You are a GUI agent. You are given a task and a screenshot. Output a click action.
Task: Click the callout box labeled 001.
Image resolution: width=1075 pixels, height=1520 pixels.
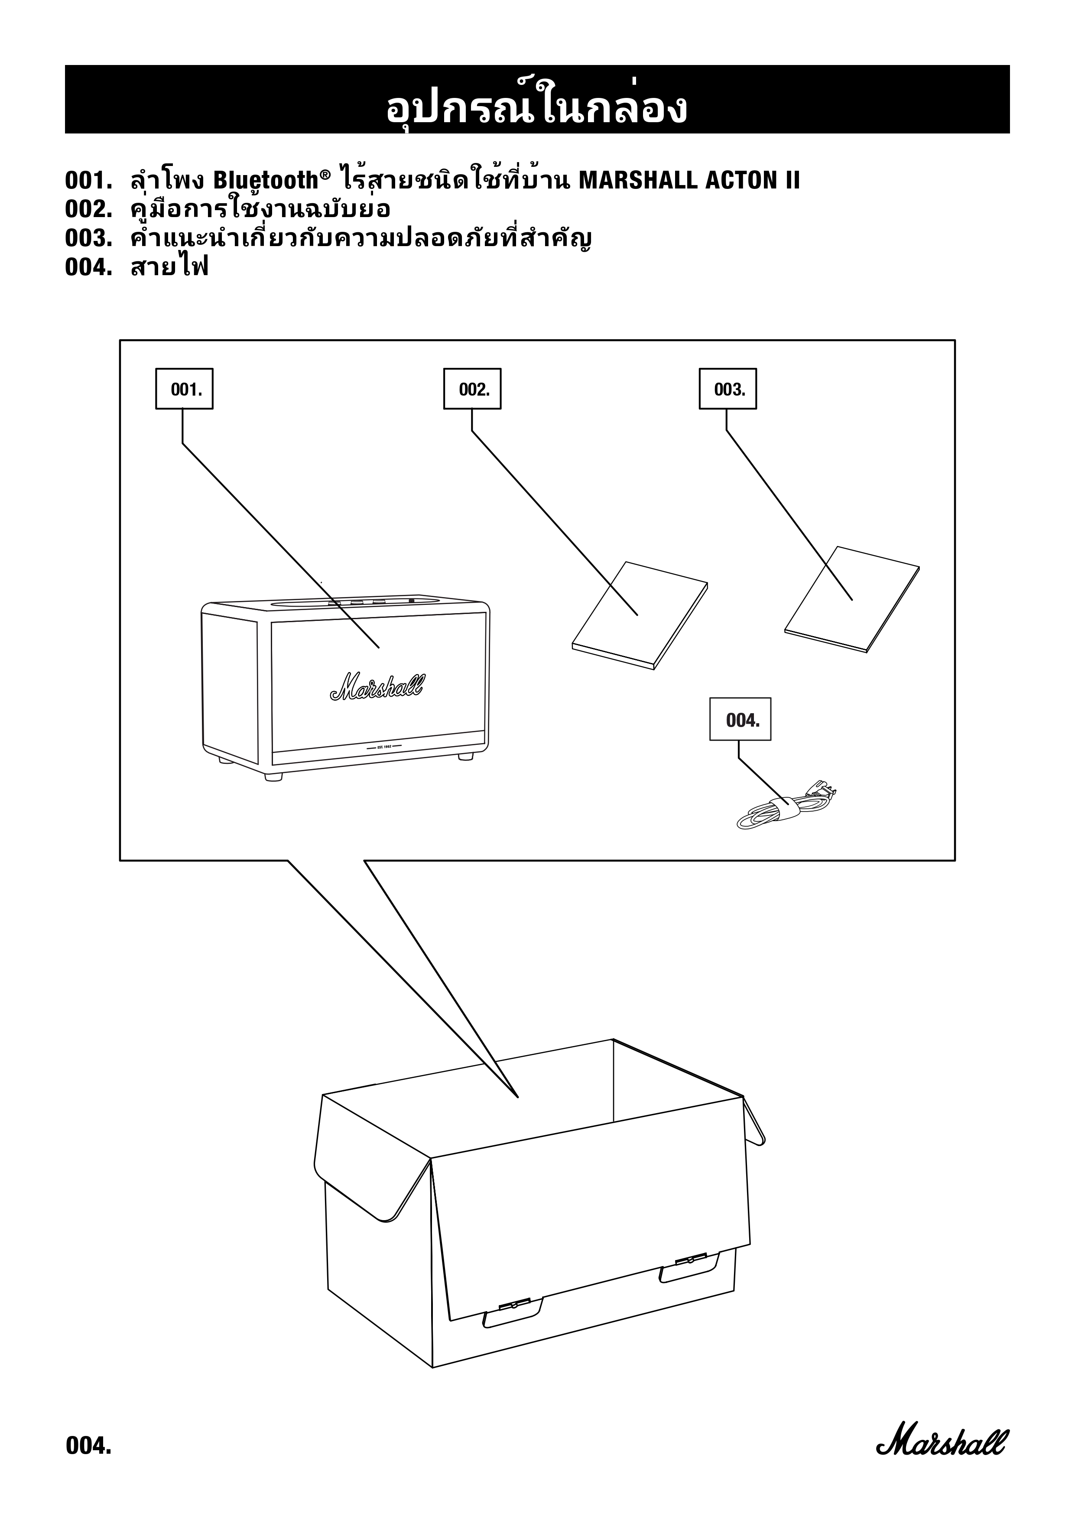(184, 389)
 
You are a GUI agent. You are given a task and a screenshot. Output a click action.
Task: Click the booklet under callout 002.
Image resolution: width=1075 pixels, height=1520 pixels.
(640, 616)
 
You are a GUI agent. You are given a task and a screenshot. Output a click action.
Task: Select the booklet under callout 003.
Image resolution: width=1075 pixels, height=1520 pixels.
(852, 599)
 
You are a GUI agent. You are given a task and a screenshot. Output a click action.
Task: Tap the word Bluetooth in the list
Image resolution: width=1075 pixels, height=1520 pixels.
(266, 180)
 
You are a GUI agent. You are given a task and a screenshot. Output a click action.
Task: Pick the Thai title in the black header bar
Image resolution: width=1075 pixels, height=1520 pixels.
(537, 107)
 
